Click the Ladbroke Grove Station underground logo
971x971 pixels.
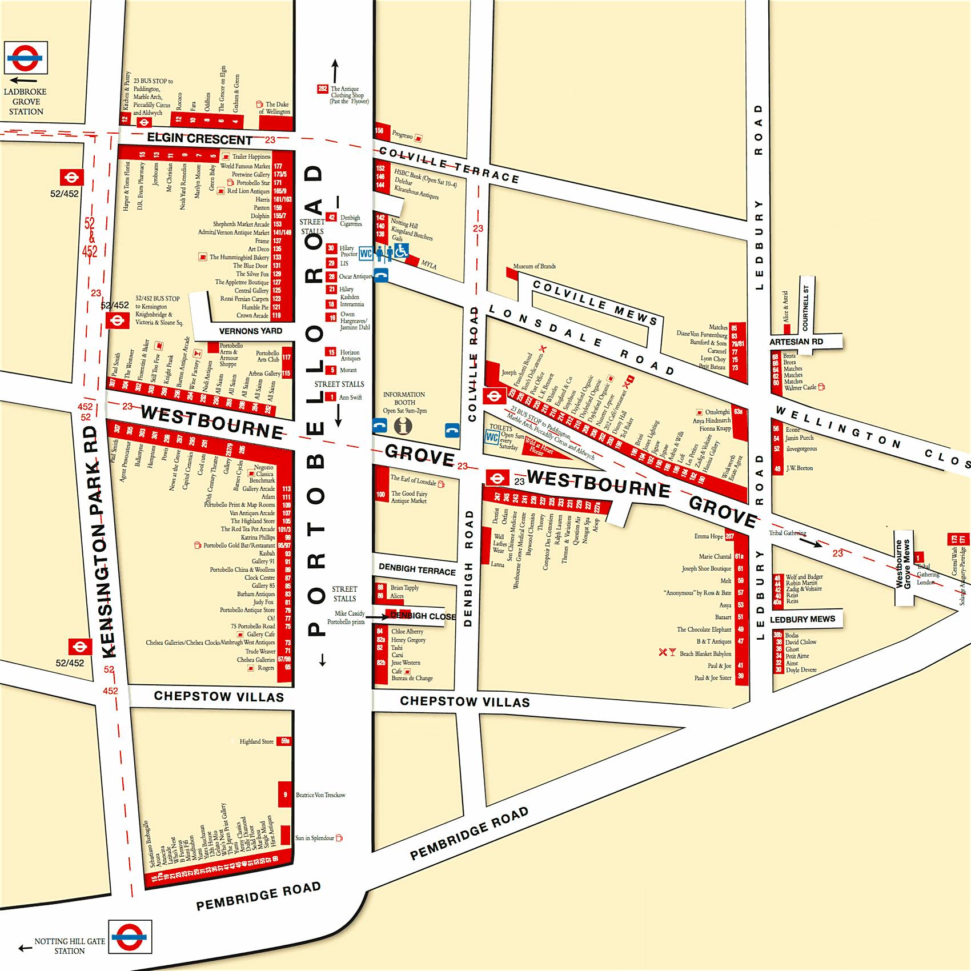pyautogui.click(x=26, y=57)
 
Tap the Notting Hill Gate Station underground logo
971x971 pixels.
pyautogui.click(x=130, y=936)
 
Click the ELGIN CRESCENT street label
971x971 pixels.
pyautogui.click(x=199, y=139)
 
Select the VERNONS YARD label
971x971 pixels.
pyautogui.click(x=250, y=331)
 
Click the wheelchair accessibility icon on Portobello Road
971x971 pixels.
pyautogui.click(x=402, y=250)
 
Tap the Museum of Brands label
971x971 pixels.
pyautogui.click(x=534, y=266)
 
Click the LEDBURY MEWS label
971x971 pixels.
pyautogui.click(x=802, y=619)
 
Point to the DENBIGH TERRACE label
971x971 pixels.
pyautogui.click(x=417, y=569)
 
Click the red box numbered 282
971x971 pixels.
pyautogui.click(x=323, y=89)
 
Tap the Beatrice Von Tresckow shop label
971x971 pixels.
pyautogui.click(x=320, y=795)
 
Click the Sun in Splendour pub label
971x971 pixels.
pyautogui.click(x=315, y=838)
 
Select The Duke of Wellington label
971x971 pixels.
pyautogui.click(x=277, y=108)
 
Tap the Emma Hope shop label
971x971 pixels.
pyautogui.click(x=708, y=536)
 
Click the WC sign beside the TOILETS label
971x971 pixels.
pyautogui.click(x=491, y=438)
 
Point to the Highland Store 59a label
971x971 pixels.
pyautogui.click(x=256, y=741)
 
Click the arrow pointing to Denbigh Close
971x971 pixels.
pyautogui.click(x=376, y=617)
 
